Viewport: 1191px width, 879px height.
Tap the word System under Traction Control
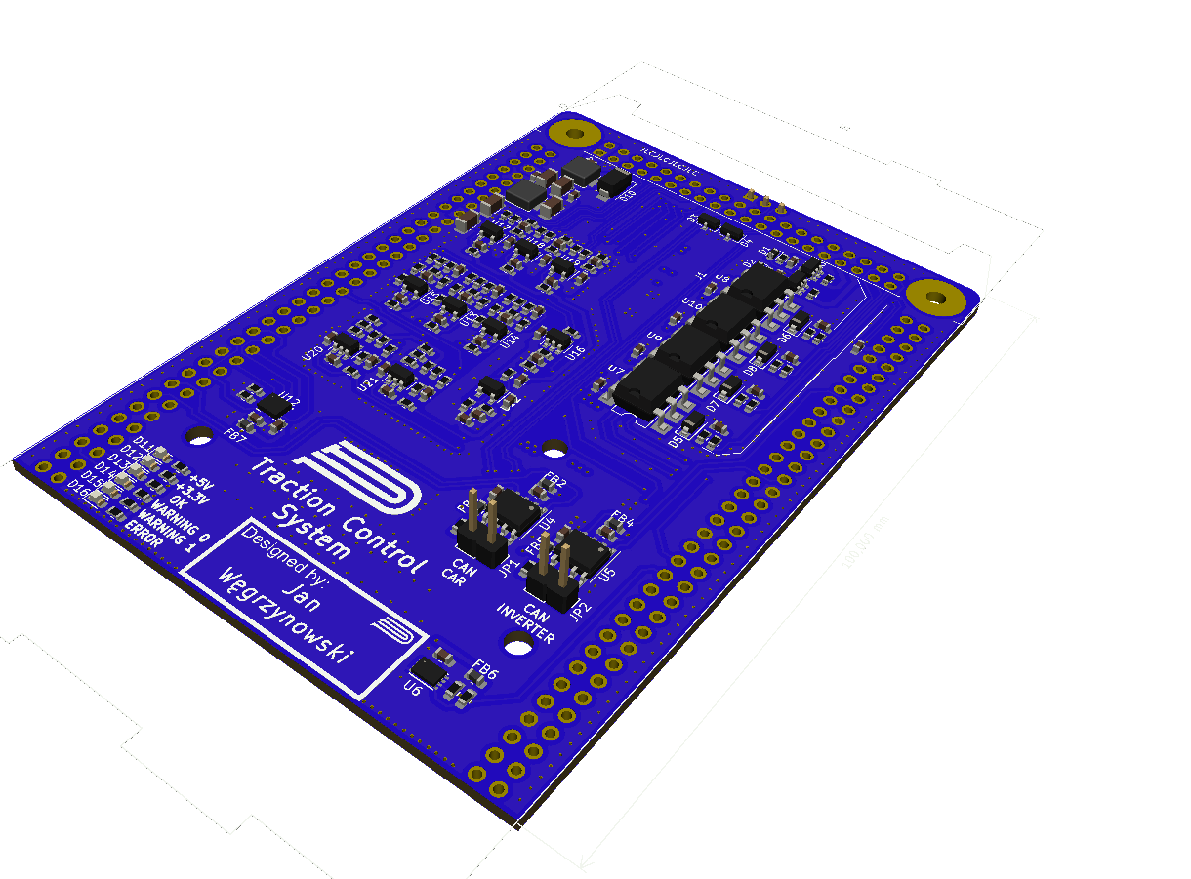click(310, 531)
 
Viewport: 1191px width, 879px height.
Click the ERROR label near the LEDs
click(143, 535)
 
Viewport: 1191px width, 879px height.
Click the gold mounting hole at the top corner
click(574, 133)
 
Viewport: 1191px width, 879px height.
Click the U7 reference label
click(615, 370)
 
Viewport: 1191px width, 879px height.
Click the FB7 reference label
click(235, 437)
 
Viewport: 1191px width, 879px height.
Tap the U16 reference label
click(575, 351)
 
